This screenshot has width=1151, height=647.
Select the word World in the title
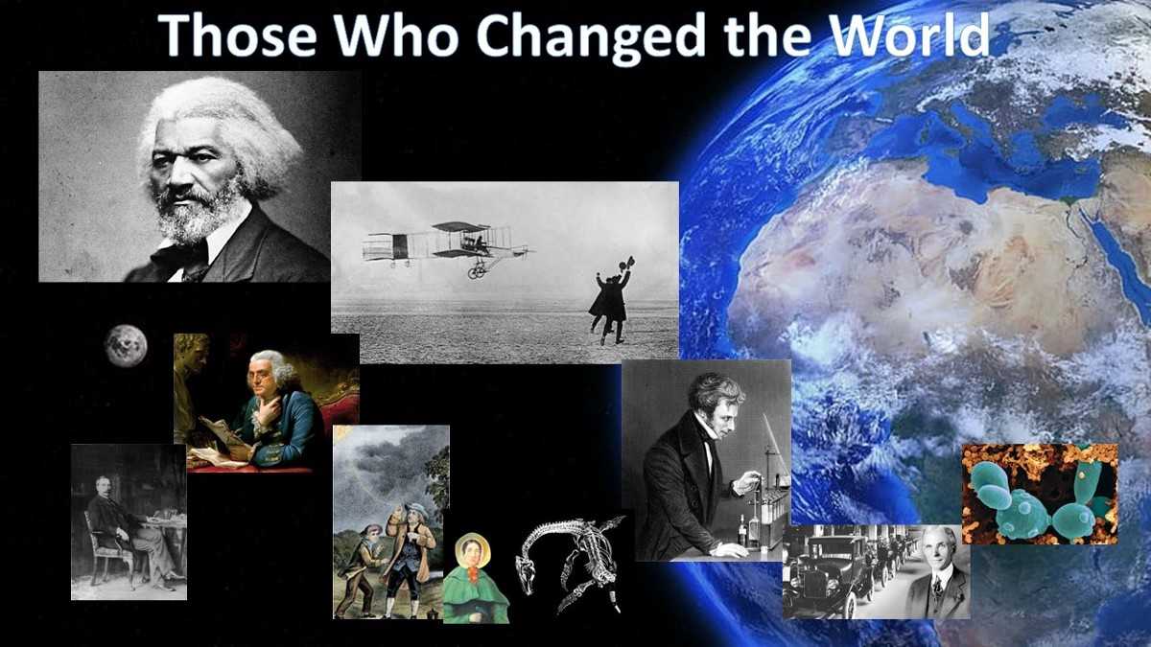point(910,34)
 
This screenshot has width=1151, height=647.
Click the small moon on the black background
point(126,347)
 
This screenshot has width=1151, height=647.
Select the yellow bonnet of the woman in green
point(471,548)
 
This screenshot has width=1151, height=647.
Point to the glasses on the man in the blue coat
point(260,374)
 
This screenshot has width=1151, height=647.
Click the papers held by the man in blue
point(226,443)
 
